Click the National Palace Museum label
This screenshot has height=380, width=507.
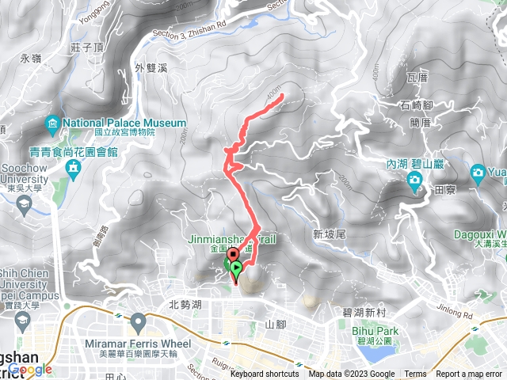tap(124, 123)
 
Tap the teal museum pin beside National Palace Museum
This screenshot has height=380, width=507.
tap(52, 123)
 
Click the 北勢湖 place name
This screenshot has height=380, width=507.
tap(185, 304)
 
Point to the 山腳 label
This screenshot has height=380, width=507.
tap(275, 324)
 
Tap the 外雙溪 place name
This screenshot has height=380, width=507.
tap(151, 68)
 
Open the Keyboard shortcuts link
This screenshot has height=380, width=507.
tap(265, 374)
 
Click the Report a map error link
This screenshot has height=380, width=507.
tap(469, 374)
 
